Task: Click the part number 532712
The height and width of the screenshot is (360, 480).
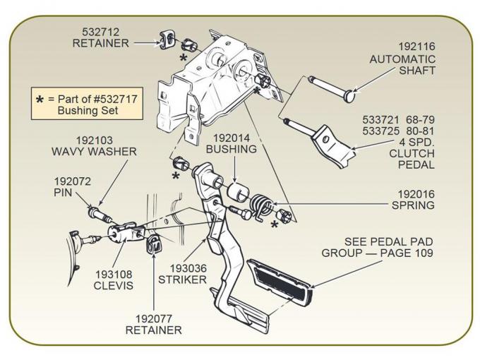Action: click(100, 32)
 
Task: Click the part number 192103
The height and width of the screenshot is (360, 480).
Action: click(94, 140)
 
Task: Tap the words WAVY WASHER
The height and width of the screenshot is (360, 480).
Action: click(94, 152)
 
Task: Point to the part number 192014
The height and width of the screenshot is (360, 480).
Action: click(231, 138)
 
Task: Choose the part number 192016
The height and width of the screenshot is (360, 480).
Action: click(415, 193)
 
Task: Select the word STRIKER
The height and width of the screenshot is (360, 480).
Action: click(188, 280)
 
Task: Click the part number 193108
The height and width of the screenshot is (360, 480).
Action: click(113, 275)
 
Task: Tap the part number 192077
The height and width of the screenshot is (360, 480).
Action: click(153, 318)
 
